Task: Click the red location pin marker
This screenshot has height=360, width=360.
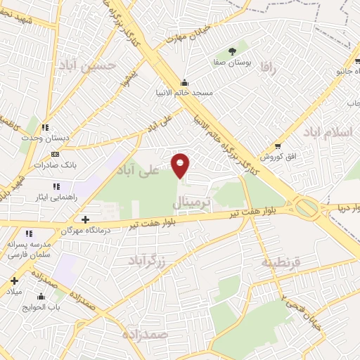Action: click(181, 165)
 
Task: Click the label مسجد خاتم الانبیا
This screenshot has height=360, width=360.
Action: click(184, 91)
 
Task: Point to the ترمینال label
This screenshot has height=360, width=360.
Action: click(191, 203)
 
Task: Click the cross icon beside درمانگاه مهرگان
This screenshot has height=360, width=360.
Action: click(85, 219)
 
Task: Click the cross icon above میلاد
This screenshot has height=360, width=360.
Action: click(14, 280)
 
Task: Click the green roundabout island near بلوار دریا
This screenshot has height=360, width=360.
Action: click(307, 208)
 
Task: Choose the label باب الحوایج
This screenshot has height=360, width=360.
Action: click(49, 306)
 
